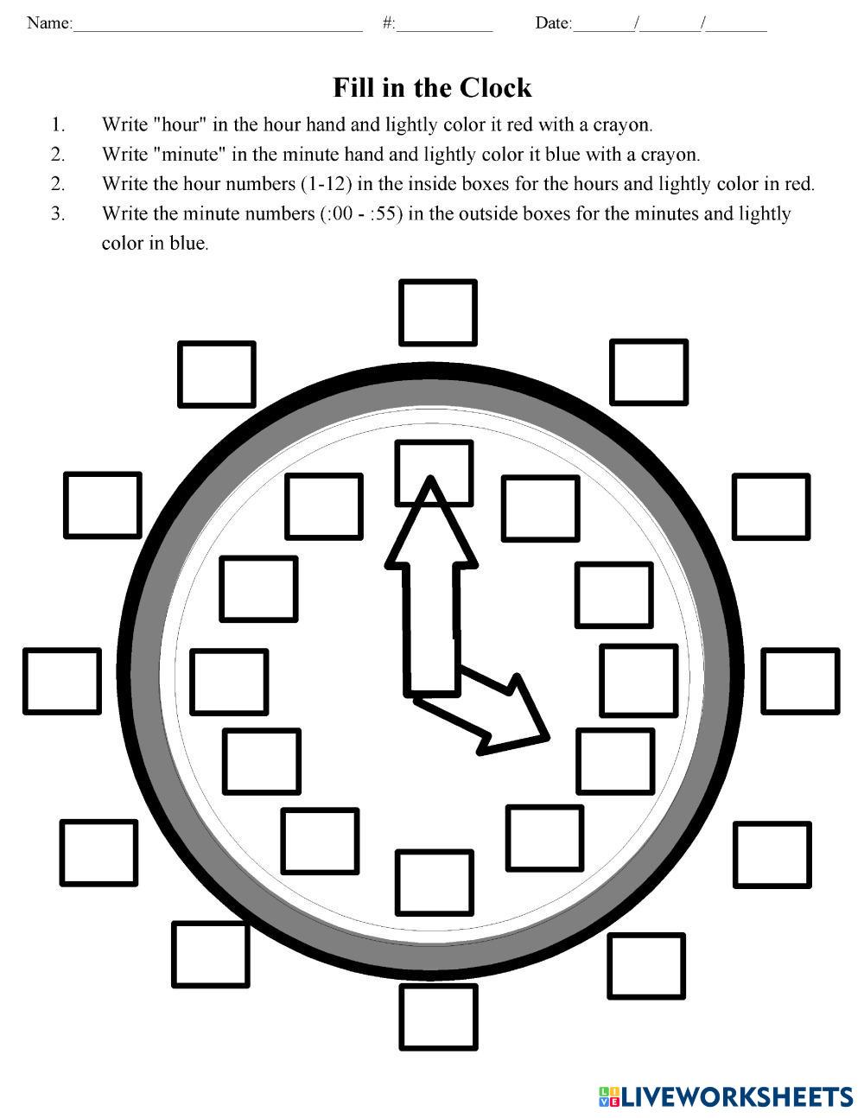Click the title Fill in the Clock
pos(432,88)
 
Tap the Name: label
pos(49,23)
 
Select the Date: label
pos(553,23)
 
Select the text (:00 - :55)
pos(359,213)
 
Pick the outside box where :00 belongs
pos(438,313)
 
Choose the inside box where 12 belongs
pos(434,473)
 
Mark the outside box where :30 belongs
pos(439,1017)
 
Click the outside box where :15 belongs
pos(800,682)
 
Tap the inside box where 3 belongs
pos(638,680)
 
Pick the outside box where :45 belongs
pos(61,681)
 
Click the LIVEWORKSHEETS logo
pos(725,1096)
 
